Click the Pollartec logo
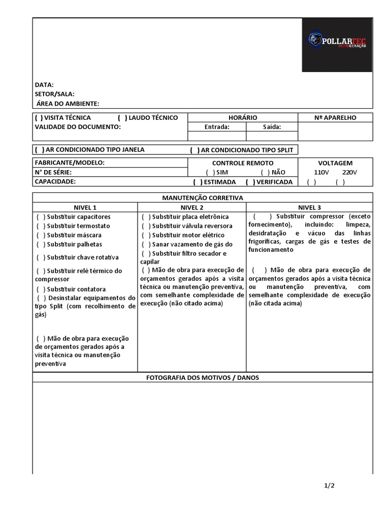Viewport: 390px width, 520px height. pos(337,45)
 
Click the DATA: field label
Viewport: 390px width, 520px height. pos(44,85)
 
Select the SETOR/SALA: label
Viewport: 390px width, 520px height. pos(55,94)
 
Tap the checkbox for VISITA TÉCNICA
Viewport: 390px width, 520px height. pos(39,118)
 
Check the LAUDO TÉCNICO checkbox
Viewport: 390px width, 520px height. pos(122,118)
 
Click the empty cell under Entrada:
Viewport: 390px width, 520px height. pos(217,136)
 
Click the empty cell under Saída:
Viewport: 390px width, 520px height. pos(272,136)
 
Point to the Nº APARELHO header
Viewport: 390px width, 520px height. pos(335,118)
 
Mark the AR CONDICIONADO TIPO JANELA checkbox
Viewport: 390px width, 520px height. pos(39,150)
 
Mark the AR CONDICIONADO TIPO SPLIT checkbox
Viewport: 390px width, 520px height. pos(195,150)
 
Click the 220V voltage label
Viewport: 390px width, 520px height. pos(349,173)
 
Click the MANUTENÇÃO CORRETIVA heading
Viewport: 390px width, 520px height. pos(203,198)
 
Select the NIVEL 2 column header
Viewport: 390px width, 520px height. pos(192,207)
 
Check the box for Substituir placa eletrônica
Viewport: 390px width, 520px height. pos(146,217)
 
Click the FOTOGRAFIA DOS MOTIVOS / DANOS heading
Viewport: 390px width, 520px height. pos(203,378)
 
